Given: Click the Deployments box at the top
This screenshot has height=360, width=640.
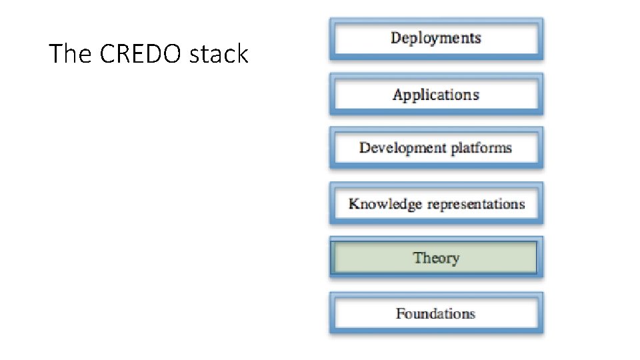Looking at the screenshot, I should coord(436,39).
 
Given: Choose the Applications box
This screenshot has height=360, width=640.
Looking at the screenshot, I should coord(436,95).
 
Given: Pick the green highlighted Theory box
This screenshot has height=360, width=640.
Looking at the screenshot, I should coord(436,258).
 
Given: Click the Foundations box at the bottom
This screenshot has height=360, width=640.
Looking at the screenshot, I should coord(436,314).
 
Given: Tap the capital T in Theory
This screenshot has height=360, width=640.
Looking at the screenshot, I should coord(417,257).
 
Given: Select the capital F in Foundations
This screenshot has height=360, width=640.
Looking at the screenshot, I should coord(400,313).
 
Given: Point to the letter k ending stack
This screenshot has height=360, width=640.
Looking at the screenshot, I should coord(243,54).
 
